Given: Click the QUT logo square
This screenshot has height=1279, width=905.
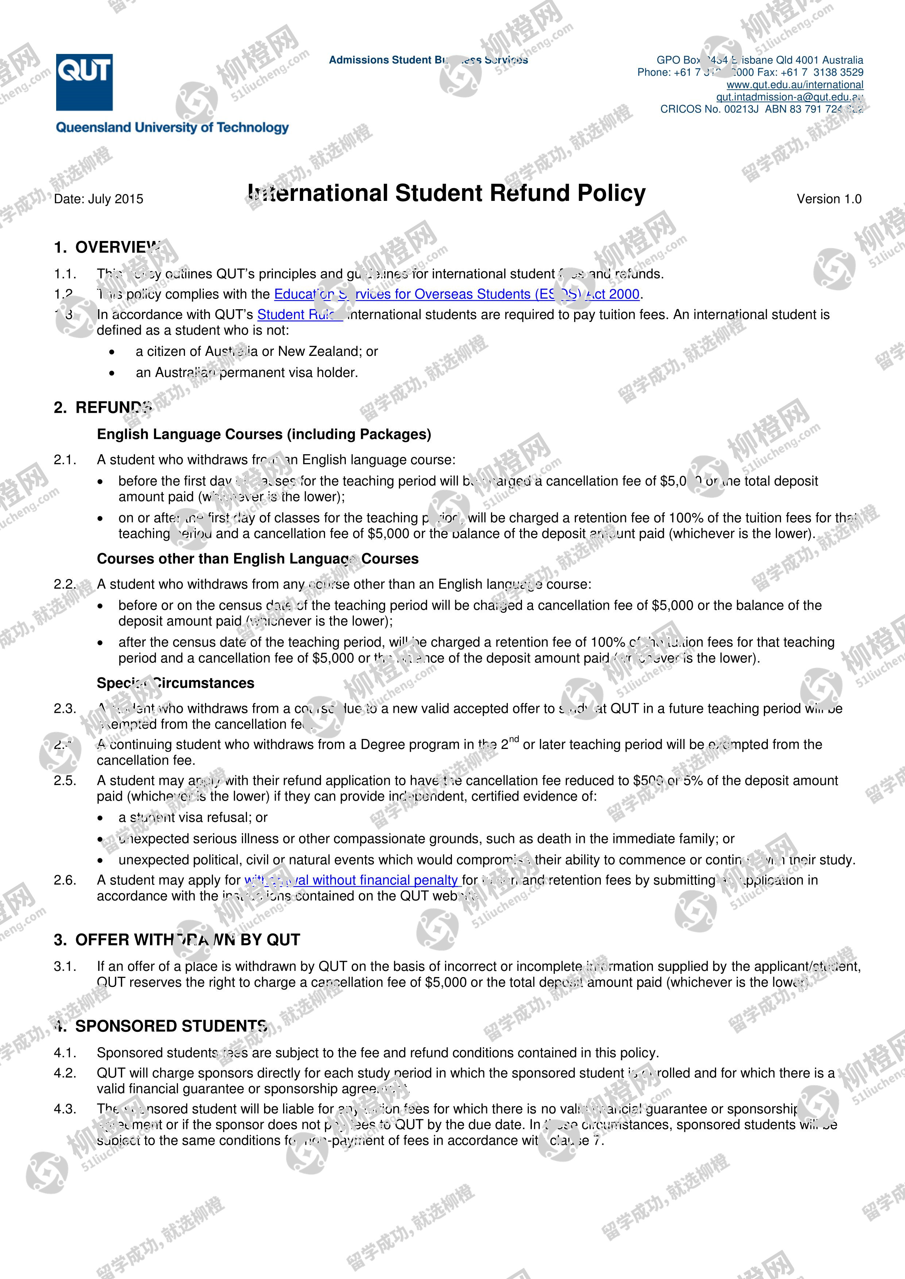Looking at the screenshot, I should pos(84,82).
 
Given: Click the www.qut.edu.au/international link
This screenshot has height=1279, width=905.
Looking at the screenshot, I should pos(795,85).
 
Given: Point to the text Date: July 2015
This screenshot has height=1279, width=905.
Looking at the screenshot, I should pos(98,199).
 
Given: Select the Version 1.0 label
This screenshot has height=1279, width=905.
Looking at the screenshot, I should pos(829,199).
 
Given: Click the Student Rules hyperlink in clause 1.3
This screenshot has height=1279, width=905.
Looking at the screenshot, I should pos(299,315).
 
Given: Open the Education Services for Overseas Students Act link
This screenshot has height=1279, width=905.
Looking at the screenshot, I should pos(456,294).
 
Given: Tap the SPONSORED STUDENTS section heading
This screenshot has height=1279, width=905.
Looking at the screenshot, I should pos(170,1026).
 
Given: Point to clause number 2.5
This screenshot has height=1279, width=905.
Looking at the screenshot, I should pos(65,781).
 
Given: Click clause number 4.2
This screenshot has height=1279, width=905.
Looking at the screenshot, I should pos(65,1073).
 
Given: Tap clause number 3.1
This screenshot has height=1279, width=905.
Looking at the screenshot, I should pos(65,967).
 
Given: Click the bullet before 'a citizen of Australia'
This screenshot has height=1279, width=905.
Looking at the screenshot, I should pos(113,352).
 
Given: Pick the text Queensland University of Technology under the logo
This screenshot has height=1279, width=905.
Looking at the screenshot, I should pos(172,128).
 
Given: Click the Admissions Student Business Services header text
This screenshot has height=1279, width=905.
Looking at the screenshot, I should pos(428,60).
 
